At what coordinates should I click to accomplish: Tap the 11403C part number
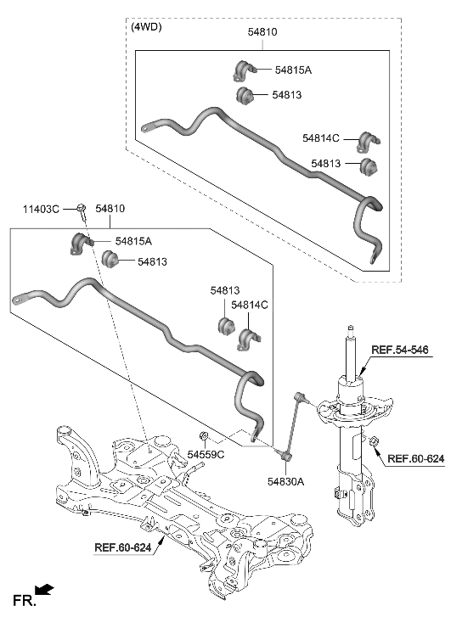coord(41,208)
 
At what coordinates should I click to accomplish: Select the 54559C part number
coord(206,455)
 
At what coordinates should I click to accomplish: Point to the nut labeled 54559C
coord(204,437)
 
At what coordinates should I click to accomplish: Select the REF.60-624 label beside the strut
coord(415,459)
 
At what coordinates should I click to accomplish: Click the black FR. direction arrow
coord(44,587)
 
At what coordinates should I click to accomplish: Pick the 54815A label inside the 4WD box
coord(291,70)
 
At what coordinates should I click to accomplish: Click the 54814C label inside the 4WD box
coord(320,137)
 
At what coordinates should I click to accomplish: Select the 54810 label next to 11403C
coord(110,208)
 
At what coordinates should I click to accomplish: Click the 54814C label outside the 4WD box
coord(251,304)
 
